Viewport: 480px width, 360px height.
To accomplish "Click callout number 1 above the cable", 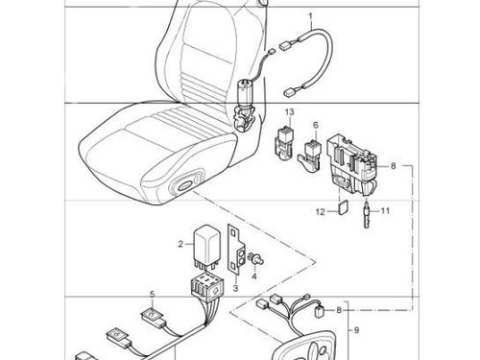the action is click(x=310, y=15).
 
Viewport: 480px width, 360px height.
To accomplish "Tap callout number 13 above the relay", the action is click(x=289, y=112).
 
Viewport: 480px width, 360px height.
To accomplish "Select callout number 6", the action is click(x=316, y=125).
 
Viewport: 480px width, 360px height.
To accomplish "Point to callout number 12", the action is click(x=321, y=212).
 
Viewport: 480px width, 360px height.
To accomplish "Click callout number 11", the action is click(x=385, y=211).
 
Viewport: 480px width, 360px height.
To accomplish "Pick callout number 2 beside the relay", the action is click(x=180, y=244).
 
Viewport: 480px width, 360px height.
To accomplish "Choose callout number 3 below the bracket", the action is click(x=235, y=288).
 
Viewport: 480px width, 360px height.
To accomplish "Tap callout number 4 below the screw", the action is click(x=254, y=276).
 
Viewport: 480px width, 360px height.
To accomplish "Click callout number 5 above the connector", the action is click(x=153, y=294).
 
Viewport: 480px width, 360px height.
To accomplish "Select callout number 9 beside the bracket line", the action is click(x=357, y=330).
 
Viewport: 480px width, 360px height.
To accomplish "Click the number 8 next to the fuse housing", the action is click(x=394, y=166).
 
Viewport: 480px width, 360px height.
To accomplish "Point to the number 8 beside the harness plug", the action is click(x=339, y=310).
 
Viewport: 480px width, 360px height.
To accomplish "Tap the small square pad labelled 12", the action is click(x=343, y=206).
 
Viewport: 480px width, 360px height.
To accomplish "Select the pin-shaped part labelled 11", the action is click(x=367, y=213).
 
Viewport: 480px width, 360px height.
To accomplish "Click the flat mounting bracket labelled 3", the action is click(x=235, y=250).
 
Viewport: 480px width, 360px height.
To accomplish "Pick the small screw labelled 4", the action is click(x=256, y=258).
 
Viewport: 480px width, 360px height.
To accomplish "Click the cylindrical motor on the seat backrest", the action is click(x=245, y=94).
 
